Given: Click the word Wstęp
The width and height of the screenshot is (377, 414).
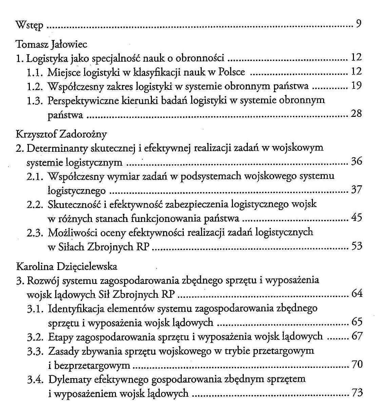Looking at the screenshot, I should [x=29, y=25].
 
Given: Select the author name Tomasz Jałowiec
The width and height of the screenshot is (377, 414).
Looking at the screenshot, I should [x=52, y=44].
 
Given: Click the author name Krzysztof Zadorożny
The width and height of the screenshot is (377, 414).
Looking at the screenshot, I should [x=61, y=134].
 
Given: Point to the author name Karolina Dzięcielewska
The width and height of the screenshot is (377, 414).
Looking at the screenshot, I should [x=67, y=266].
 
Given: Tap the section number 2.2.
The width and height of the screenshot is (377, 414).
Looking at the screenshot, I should [x=35, y=205].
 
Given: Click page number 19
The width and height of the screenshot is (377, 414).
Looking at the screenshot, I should [x=356, y=86].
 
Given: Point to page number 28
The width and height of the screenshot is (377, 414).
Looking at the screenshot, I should [x=356, y=114].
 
